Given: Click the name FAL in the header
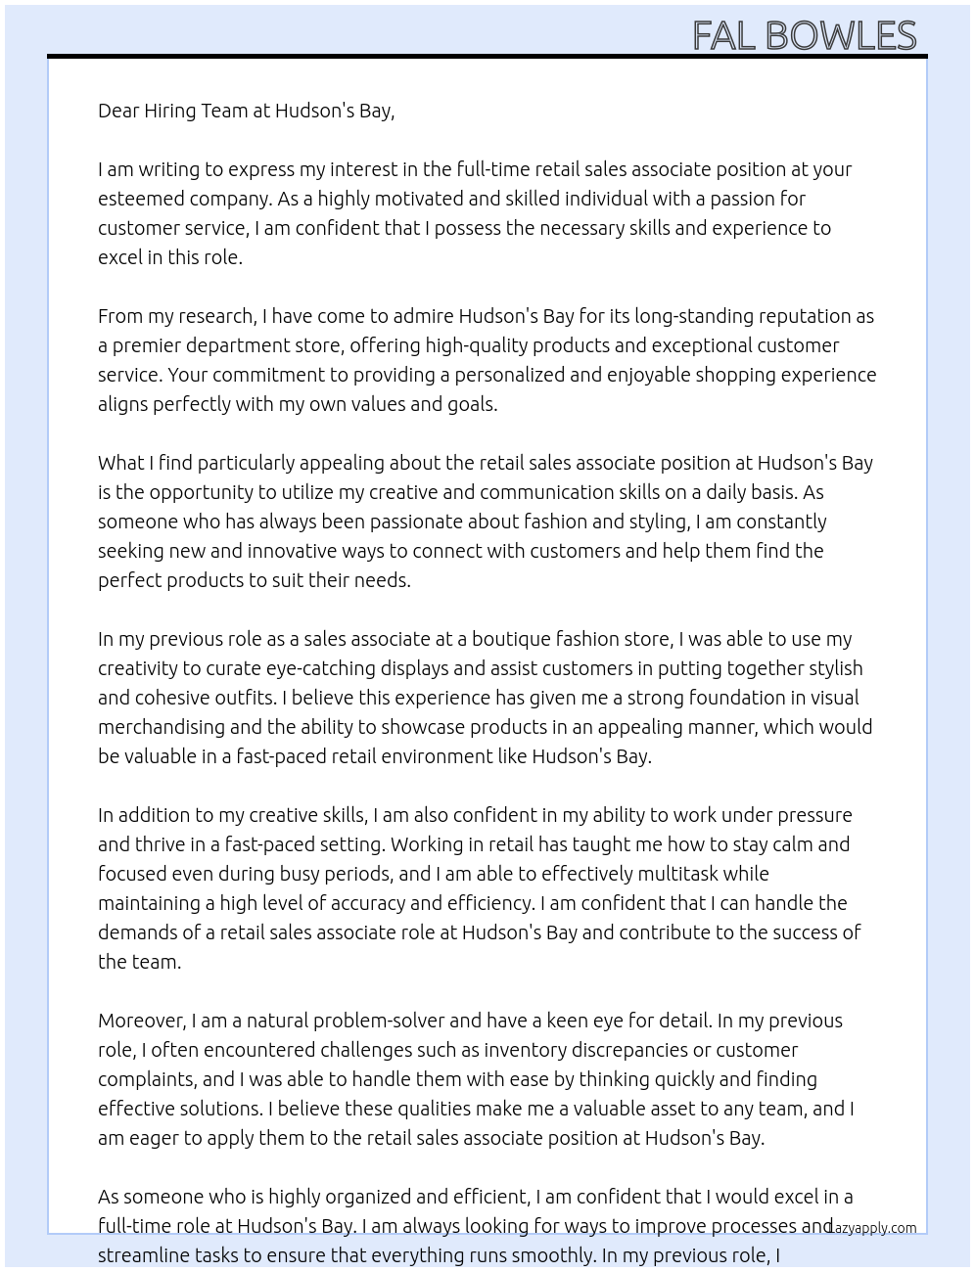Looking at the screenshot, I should [723, 36].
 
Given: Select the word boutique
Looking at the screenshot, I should [511, 639].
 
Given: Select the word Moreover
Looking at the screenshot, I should [142, 1021].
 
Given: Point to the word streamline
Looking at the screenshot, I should [142, 1255].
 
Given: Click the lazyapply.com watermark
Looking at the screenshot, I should [873, 1228].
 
